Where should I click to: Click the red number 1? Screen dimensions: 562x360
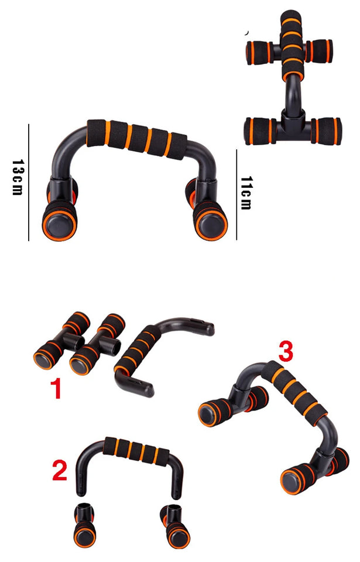[x=57, y=389]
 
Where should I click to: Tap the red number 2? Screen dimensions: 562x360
[x=60, y=471]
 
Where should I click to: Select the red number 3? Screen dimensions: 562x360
[x=285, y=352]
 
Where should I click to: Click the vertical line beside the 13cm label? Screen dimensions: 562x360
[x=29, y=181]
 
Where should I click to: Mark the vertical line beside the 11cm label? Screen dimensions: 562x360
[x=236, y=194]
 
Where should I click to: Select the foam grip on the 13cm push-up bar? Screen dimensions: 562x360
[x=137, y=138]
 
